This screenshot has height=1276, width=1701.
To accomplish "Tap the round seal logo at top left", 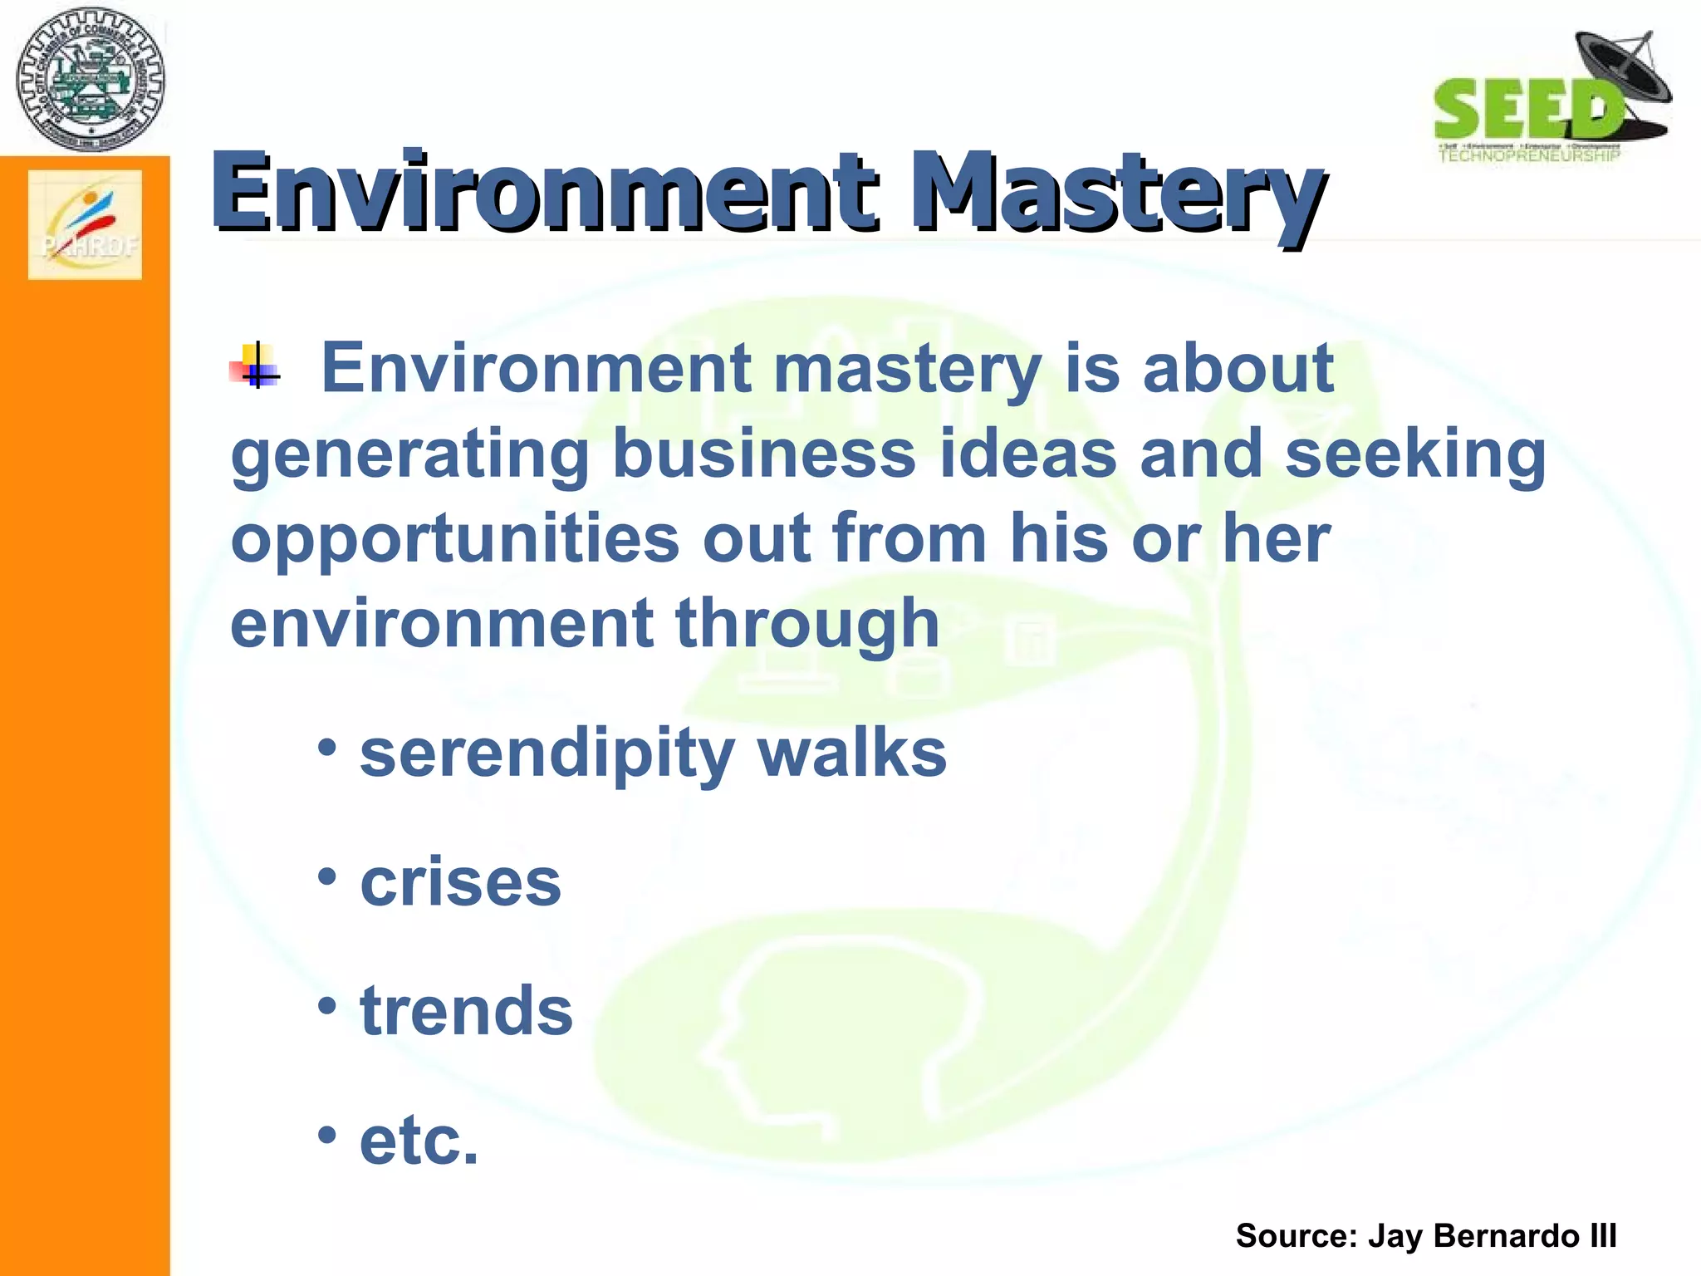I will click(x=91, y=80).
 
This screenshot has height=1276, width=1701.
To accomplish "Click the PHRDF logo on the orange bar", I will click(x=86, y=225).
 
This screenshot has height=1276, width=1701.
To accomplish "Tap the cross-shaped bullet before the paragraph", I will click(x=256, y=366).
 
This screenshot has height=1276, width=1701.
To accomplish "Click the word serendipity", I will click(x=547, y=754).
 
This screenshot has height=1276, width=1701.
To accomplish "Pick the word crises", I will click(x=461, y=882).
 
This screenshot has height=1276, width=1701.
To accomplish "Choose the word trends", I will click(x=467, y=1011).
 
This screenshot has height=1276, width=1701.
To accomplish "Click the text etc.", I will click(x=419, y=1141).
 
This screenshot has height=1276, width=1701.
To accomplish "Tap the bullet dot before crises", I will click(x=327, y=876).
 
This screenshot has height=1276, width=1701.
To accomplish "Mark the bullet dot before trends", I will click(x=327, y=1005).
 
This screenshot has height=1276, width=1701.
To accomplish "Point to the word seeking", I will click(x=1415, y=455).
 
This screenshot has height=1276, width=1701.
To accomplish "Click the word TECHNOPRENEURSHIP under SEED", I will click(x=1528, y=155).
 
